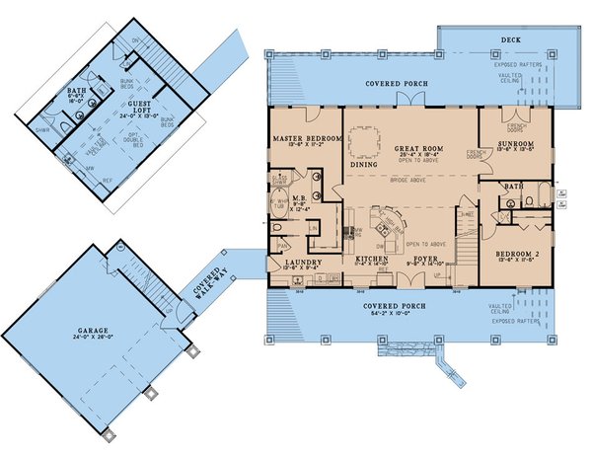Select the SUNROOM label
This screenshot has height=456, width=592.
tap(516, 144)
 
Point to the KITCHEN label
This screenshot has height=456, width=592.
tap(369, 260)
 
